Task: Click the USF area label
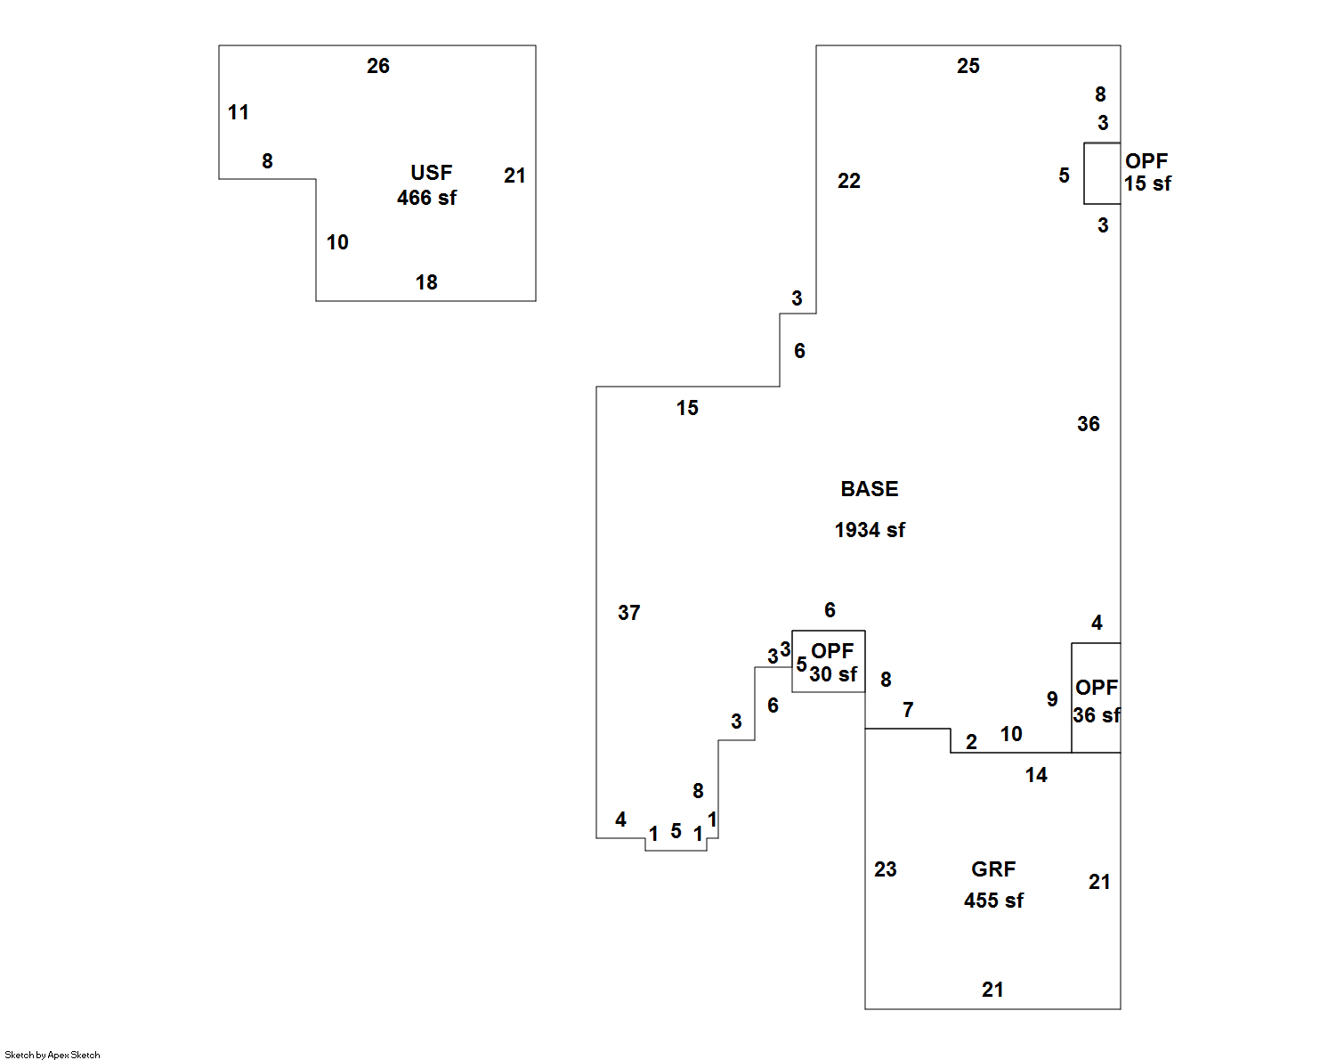click(x=431, y=173)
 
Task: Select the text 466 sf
click(x=426, y=198)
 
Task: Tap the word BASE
click(x=870, y=489)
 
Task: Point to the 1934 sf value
click(x=870, y=530)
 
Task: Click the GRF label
click(x=993, y=869)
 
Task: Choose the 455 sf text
click(x=993, y=901)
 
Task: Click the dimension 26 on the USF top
click(x=378, y=66)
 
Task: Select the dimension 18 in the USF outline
click(x=426, y=282)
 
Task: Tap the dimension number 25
click(x=968, y=66)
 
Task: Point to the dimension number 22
click(x=849, y=181)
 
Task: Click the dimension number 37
click(x=629, y=613)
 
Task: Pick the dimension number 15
click(x=687, y=408)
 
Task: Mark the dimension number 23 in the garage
click(x=886, y=869)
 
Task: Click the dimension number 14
click(x=1036, y=775)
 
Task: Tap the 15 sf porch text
click(x=1147, y=183)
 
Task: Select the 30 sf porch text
click(x=833, y=674)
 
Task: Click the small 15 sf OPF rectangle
click(x=1102, y=174)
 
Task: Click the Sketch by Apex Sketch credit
click(x=53, y=1055)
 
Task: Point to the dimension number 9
click(x=1052, y=699)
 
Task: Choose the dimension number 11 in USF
click(x=239, y=112)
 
